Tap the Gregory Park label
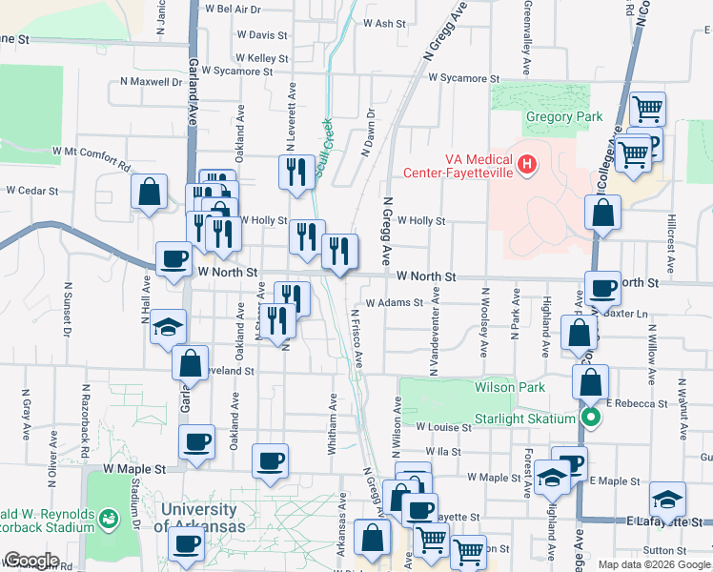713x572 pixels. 564,117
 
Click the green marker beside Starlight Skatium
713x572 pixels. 591,418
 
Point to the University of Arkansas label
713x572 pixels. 199,518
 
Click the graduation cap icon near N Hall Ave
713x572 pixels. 168,326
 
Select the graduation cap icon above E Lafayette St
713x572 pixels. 667,499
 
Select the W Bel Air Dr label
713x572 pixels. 234,9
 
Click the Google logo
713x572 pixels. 31,561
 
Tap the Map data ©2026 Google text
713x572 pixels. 653,564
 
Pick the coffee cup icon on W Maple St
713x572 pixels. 271,461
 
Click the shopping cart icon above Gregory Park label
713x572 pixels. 648,109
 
